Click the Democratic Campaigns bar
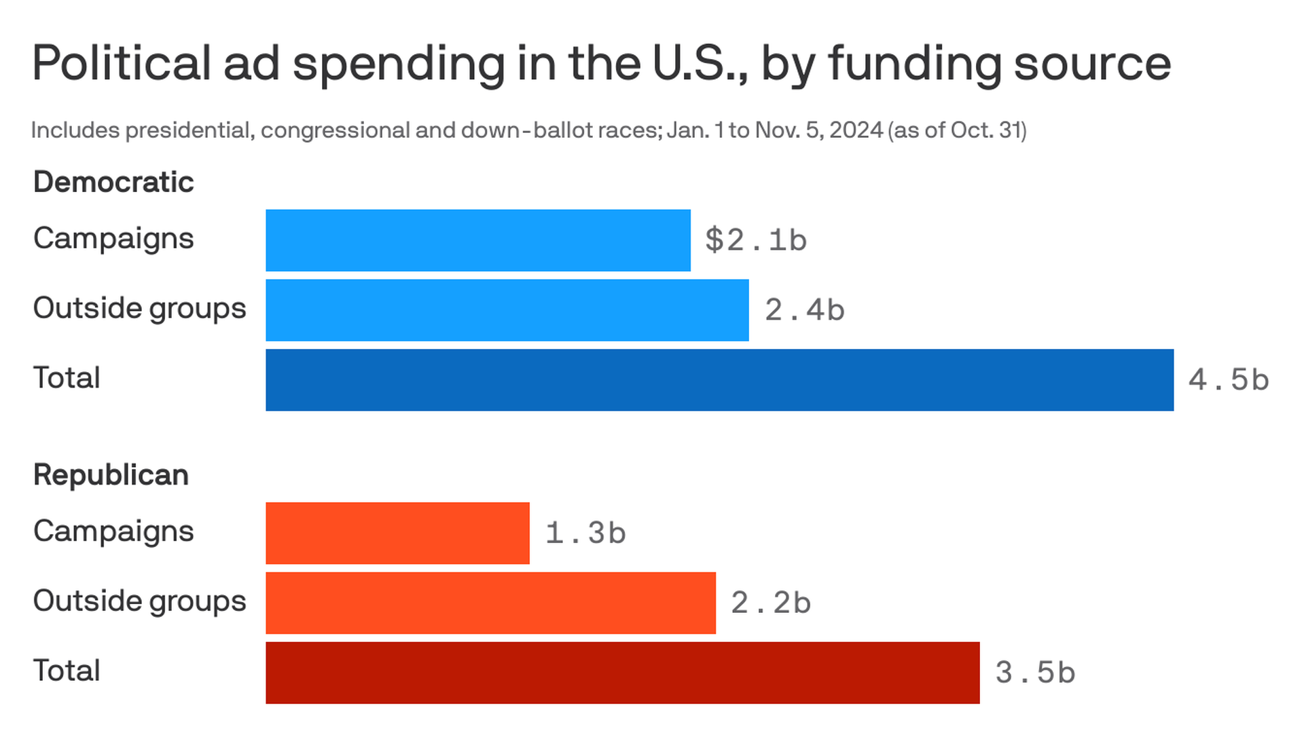(478, 240)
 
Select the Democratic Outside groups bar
(507, 310)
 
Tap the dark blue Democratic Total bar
(719, 380)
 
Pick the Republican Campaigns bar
(397, 533)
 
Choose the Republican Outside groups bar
(490, 603)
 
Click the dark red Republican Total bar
(622, 673)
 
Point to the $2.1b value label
(756, 240)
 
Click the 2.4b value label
(805, 310)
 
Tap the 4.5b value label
(1229, 380)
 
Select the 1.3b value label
(585, 533)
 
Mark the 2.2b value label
(771, 603)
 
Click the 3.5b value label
(1035, 673)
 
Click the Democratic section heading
(113, 182)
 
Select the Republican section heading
(111, 475)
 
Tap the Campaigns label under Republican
(113, 531)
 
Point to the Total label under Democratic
(67, 378)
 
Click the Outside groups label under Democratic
(139, 309)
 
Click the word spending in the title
(399, 64)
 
